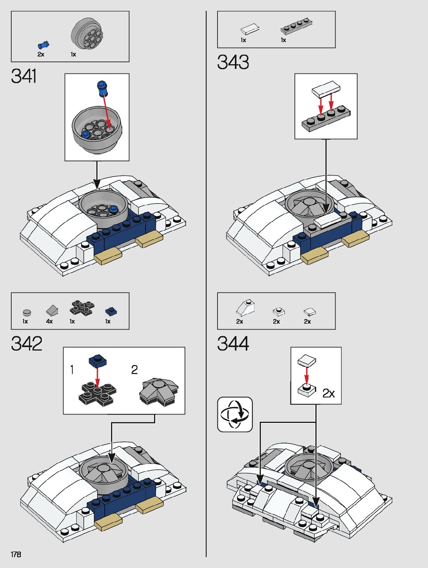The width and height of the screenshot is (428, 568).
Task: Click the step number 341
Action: coord(24,76)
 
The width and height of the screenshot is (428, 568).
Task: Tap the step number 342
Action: coord(27,344)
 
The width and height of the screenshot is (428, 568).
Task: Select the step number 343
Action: coord(233,62)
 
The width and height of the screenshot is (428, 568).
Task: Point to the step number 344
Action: coord(233,344)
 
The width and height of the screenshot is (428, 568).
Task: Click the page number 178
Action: coord(16,554)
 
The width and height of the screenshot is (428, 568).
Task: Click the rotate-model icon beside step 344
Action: coord(235,414)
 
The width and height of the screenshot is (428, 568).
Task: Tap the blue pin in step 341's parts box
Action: coord(43,44)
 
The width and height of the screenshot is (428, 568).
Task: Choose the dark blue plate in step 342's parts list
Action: coord(111,311)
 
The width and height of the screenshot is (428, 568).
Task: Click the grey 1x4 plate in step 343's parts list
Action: coord(296,27)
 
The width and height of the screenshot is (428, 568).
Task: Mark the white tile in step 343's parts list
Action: coord(250,29)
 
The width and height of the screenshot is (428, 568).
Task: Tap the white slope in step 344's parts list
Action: coord(245,308)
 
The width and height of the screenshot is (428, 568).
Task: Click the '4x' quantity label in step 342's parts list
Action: coord(49,322)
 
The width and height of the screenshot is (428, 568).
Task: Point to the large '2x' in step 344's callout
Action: coord(329,393)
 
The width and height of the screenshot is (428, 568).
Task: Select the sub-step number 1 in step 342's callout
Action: coord(72,370)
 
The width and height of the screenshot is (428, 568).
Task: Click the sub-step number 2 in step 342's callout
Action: coord(134,370)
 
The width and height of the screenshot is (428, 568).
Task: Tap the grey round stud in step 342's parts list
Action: coord(26,312)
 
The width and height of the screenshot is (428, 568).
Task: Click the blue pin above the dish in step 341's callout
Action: coord(103,87)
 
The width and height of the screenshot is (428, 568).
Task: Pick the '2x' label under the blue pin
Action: coord(41,55)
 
